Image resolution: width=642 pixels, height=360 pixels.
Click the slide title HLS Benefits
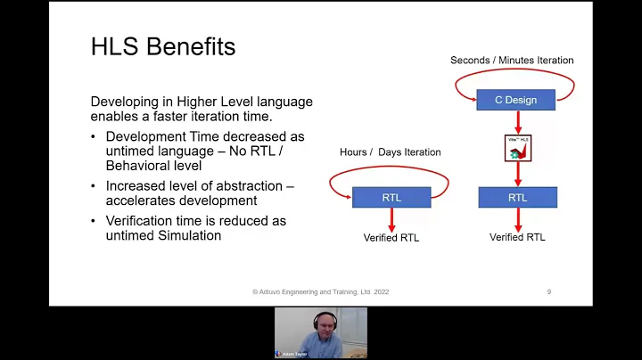[x=163, y=47]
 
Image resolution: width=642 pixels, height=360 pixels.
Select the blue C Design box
[x=516, y=100]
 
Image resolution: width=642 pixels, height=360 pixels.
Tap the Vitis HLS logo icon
[x=517, y=148]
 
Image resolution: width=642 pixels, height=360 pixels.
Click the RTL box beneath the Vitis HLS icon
[x=517, y=197]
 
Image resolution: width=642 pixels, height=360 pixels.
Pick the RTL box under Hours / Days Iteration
[x=391, y=197]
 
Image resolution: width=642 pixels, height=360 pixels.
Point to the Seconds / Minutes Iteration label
[x=512, y=61]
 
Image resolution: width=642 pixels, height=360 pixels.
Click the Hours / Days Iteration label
[x=390, y=152]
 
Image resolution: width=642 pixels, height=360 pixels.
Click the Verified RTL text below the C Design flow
[x=517, y=237]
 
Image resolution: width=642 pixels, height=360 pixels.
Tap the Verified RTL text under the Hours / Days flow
[x=391, y=238]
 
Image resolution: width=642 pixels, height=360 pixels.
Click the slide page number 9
[x=548, y=291]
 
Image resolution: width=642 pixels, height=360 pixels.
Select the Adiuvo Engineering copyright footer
[x=320, y=291]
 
